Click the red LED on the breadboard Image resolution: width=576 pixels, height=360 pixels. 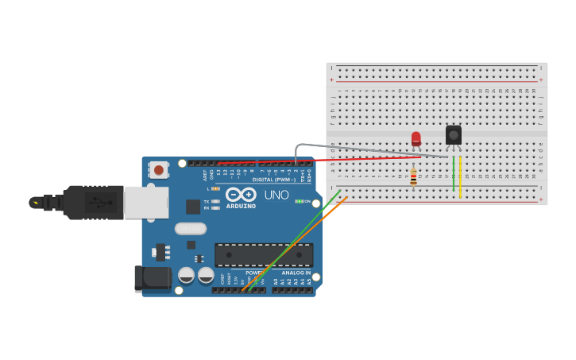(416, 139)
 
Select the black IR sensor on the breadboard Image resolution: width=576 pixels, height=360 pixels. (454, 134)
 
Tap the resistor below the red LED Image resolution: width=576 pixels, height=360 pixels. (413, 178)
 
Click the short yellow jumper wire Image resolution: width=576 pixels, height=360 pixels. (460, 176)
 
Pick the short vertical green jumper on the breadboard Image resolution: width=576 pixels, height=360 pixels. (454, 175)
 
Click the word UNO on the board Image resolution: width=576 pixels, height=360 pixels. (276, 195)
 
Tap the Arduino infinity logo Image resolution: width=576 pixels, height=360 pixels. (241, 194)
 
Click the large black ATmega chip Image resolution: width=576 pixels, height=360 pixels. (264, 255)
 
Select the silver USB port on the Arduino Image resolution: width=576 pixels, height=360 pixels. (146, 203)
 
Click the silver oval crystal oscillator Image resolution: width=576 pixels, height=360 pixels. (191, 229)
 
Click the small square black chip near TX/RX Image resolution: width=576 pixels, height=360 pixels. (193, 207)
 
